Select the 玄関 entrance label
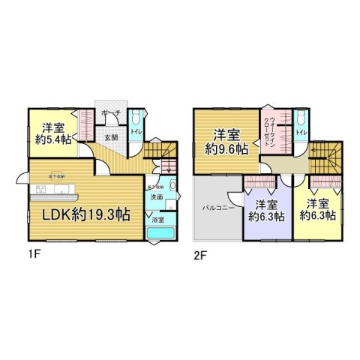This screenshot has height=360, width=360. [x=110, y=137]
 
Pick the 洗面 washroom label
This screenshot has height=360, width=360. [x=156, y=196]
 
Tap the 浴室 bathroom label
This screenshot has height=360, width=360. [x=157, y=220]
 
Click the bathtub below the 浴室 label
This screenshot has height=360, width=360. [x=160, y=234]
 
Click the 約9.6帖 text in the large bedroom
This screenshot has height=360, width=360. [x=227, y=149]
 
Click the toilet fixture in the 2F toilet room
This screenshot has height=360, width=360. [x=300, y=118]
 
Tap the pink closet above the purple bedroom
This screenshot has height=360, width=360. [x=260, y=181]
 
